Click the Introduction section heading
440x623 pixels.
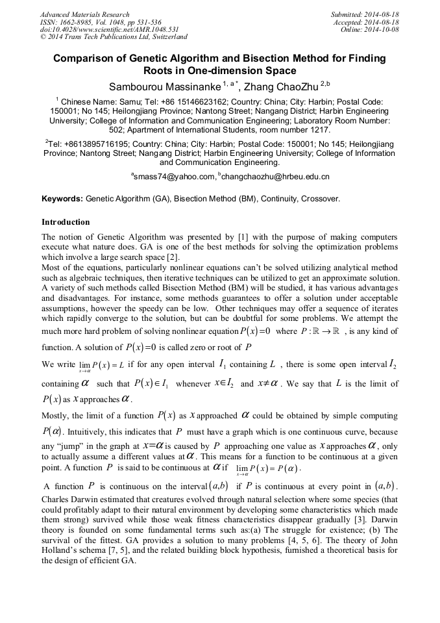pos(66,222)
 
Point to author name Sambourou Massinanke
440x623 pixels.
pos(164,86)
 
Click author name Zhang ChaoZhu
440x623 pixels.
pos(271,86)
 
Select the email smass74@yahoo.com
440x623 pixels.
pos(174,177)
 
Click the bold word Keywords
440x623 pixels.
pos(62,199)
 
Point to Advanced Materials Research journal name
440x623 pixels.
pos(85,14)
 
